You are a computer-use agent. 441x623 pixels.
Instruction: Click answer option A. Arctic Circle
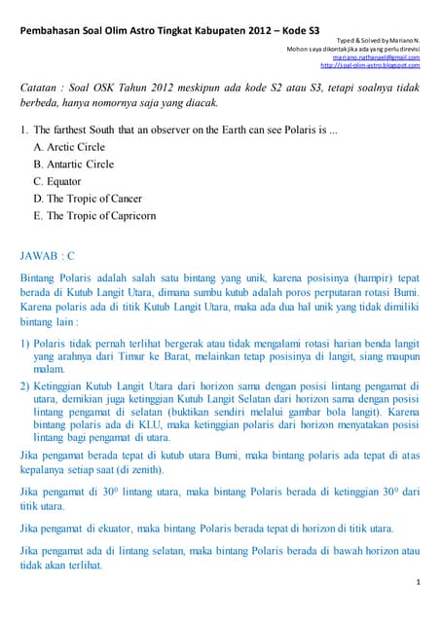coord(69,146)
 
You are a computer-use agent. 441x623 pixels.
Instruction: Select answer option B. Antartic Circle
coord(73,164)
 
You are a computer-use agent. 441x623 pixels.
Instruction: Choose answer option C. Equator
coord(57,181)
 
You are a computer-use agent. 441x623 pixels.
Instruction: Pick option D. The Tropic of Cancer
coord(88,199)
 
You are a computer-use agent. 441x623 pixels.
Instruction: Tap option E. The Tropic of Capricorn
coord(94,216)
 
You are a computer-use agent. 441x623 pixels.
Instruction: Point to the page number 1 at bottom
coord(417,582)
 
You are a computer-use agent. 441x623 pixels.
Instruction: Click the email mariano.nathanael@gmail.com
coord(376,56)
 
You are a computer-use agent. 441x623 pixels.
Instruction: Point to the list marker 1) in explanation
coord(25,344)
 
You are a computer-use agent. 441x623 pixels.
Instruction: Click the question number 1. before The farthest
coord(24,128)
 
